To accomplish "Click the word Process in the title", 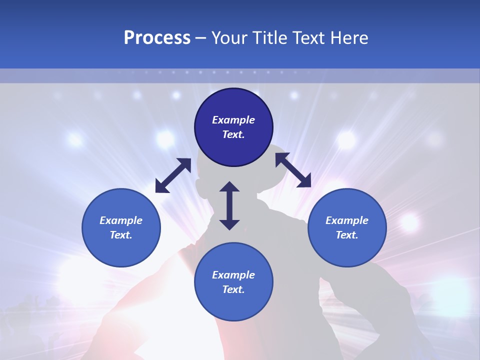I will pyautogui.click(x=157, y=38).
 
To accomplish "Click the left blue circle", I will pyautogui.click(x=121, y=227).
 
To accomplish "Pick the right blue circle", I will pyautogui.click(x=347, y=227).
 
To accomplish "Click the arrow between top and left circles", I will pyautogui.click(x=173, y=175).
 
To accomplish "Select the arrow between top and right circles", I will pyautogui.click(x=293, y=170).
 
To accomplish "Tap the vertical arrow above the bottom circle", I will pyautogui.click(x=229, y=205).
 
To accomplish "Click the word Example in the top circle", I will pyautogui.click(x=233, y=120).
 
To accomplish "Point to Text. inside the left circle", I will pyautogui.click(x=121, y=235).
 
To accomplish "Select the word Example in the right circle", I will pyautogui.click(x=347, y=220).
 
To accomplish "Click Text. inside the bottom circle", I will pyautogui.click(x=233, y=289).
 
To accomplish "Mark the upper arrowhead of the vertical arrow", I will pyautogui.click(x=229, y=187).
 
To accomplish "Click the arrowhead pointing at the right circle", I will pyautogui.click(x=304, y=181).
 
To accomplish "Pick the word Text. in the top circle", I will pyautogui.click(x=233, y=135).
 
